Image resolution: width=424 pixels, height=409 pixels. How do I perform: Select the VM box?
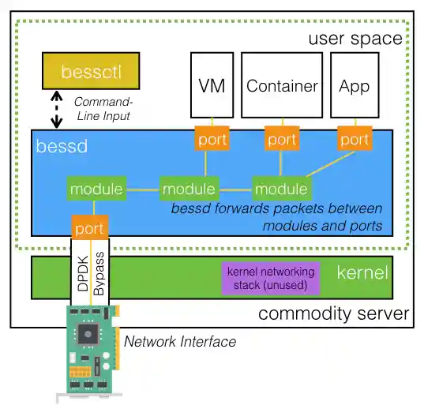(212, 86)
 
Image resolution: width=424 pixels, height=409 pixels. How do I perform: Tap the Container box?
(282, 86)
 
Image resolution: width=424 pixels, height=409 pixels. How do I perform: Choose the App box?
(355, 86)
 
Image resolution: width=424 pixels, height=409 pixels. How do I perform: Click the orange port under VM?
(212, 140)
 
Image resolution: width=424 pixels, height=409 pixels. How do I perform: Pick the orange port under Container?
(282, 140)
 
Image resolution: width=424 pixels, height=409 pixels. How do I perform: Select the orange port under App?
(355, 140)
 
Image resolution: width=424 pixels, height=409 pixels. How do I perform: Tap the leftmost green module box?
(96, 189)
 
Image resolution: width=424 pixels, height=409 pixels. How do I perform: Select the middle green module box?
(189, 189)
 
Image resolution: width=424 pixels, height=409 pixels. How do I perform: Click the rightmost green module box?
(282, 189)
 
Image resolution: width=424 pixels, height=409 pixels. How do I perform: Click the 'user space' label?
(355, 38)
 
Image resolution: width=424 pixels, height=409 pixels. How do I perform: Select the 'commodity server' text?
(333, 313)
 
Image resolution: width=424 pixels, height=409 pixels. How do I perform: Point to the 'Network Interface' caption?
(179, 341)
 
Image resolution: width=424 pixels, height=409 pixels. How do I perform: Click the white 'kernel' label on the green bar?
(362, 274)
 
